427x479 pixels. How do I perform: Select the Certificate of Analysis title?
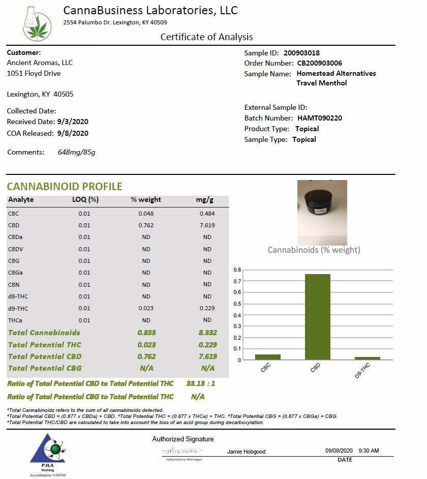click(206, 37)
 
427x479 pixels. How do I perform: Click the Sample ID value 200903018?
click(302, 53)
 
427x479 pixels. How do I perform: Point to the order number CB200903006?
click(320, 63)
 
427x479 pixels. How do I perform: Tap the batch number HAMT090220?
click(320, 118)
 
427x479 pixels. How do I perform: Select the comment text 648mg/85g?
click(76, 152)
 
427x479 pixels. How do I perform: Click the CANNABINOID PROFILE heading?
click(65, 186)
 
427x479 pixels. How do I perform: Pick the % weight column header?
click(146, 200)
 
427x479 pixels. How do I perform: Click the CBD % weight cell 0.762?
click(146, 225)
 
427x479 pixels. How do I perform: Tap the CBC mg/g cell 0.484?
click(207, 214)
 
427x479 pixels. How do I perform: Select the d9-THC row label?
click(18, 308)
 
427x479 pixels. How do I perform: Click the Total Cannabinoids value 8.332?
click(207, 333)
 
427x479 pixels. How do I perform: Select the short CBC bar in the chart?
click(267, 357)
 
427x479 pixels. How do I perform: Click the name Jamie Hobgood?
click(247, 452)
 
